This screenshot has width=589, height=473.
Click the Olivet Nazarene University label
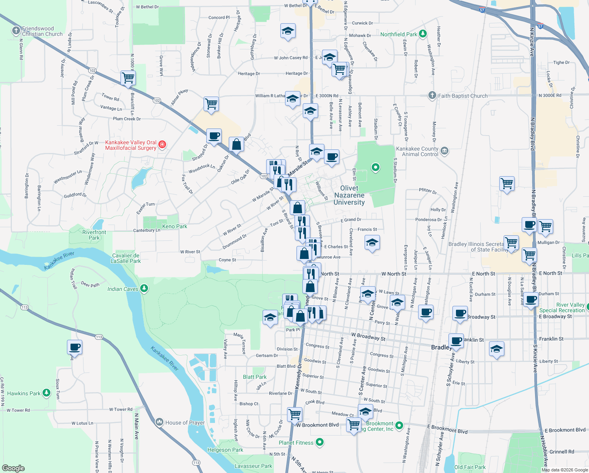pyautogui.click(x=349, y=195)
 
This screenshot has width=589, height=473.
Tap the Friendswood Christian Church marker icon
pyautogui.click(x=16, y=30)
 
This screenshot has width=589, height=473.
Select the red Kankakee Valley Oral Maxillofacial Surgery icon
pyautogui.click(x=162, y=145)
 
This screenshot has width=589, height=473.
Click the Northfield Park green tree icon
pyautogui.click(x=423, y=34)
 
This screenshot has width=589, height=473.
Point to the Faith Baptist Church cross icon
pyautogui.click(x=432, y=95)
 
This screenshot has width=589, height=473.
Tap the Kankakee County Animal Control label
pyautogui.click(x=417, y=151)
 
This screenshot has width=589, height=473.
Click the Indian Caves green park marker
pyautogui.click(x=144, y=289)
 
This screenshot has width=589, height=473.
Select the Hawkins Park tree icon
pyautogui.click(x=46, y=393)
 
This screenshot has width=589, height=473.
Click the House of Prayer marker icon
pyautogui.click(x=159, y=422)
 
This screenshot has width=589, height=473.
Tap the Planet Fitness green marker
pyautogui.click(x=320, y=442)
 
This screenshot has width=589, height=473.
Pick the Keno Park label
pyautogui.click(x=175, y=226)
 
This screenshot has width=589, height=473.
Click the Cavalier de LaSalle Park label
pyautogui.click(x=126, y=258)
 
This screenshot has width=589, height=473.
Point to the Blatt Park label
pyautogui.click(x=255, y=377)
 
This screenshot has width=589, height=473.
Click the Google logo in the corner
pyautogui.click(x=13, y=468)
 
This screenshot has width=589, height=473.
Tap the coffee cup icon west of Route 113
pyautogui.click(x=74, y=347)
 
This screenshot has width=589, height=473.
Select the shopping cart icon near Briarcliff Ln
pyautogui.click(x=128, y=78)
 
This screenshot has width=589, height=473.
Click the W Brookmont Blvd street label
pyautogui.click(x=317, y=425)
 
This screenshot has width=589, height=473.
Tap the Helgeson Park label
pyautogui.click(x=225, y=450)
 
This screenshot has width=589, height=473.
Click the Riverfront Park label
pyautogui.click(x=94, y=235)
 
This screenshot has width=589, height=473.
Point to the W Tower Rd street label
pyautogui.click(x=18, y=410)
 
